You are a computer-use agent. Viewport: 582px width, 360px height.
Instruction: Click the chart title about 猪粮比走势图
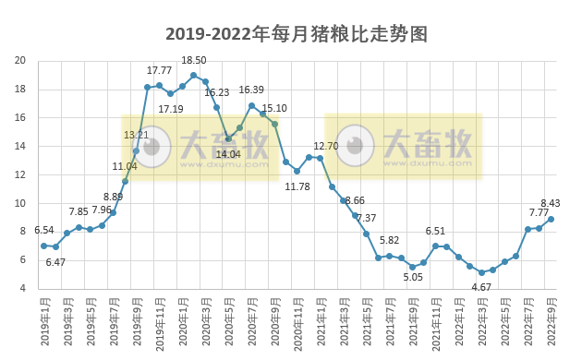click(297, 35)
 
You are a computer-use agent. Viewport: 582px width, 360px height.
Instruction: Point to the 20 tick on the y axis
click(20, 61)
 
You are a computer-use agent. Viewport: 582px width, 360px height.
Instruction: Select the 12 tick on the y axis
click(20, 174)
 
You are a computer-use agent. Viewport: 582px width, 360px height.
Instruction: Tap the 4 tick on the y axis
click(22, 288)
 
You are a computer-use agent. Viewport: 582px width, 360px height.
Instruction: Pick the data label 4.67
click(482, 287)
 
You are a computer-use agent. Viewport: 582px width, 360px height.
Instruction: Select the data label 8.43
click(552, 203)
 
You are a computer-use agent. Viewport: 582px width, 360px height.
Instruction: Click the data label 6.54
click(44, 230)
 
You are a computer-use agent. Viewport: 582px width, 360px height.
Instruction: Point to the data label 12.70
click(326, 146)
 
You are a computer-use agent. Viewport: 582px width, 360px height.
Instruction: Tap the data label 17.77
click(160, 70)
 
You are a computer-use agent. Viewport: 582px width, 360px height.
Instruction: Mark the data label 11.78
click(297, 186)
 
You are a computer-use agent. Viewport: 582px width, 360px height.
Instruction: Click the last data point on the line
click(551, 219)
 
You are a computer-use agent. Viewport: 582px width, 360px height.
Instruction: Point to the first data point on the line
click(43, 246)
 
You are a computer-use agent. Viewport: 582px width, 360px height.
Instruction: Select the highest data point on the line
click(194, 75)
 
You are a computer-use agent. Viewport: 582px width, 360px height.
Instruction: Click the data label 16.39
click(251, 90)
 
